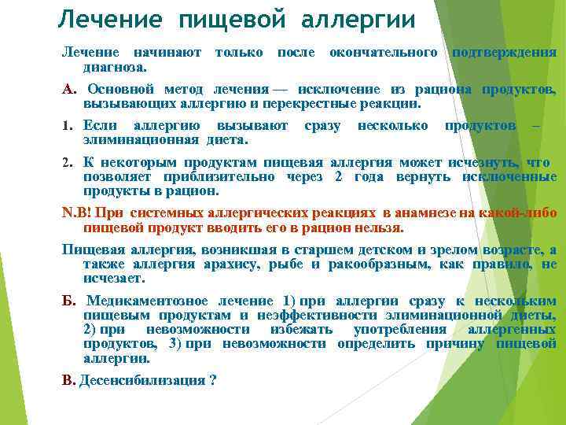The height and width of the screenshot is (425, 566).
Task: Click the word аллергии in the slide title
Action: (x=359, y=18)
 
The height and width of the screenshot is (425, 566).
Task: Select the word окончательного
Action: (x=384, y=52)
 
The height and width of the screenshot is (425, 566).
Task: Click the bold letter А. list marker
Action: (x=68, y=89)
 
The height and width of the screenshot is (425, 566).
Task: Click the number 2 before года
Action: (x=338, y=176)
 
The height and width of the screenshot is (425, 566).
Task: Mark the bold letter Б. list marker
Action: (x=68, y=301)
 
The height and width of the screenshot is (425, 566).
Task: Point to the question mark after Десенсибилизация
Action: (x=213, y=380)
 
